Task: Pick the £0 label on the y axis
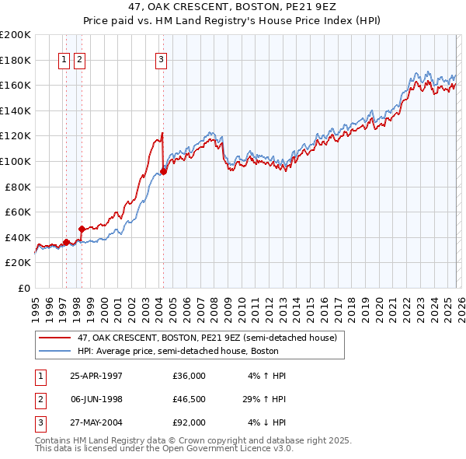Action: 23,288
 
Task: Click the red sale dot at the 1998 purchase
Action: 82,229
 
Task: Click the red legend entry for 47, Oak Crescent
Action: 207,338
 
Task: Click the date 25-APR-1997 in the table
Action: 96,376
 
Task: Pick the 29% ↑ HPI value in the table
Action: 265,399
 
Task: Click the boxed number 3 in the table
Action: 39,422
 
